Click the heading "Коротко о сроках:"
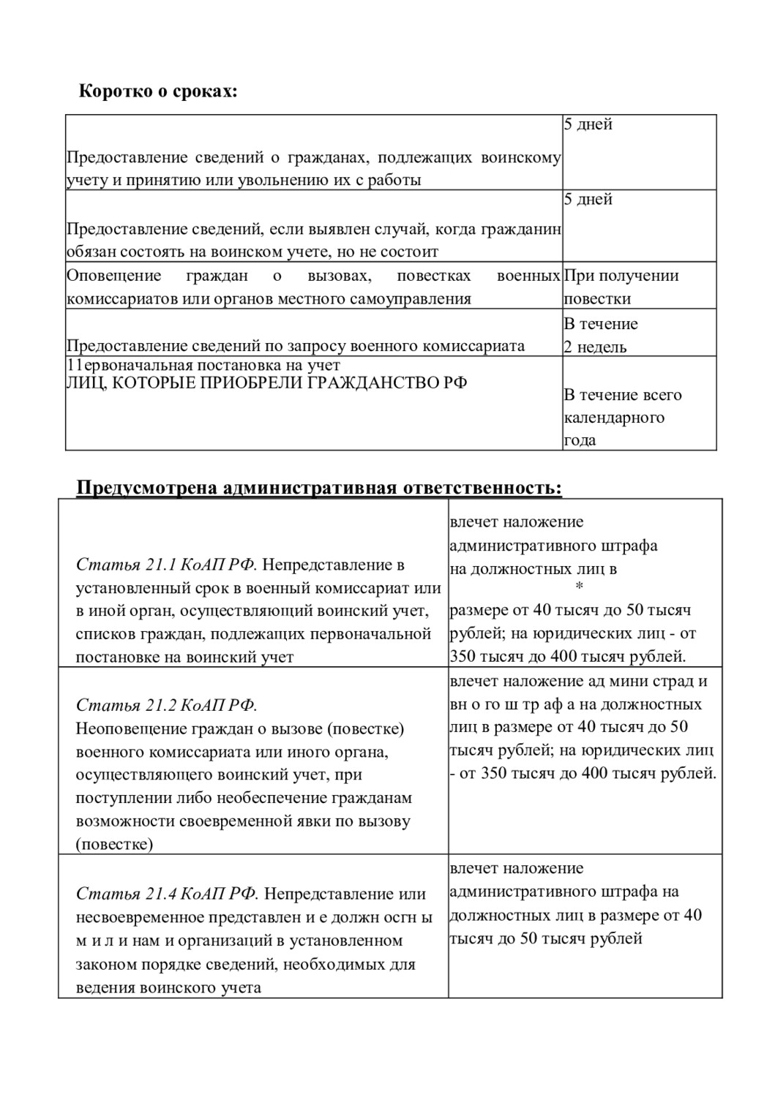pos(158,92)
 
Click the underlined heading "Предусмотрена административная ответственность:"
pos(319,488)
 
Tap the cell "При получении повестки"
pos(621,287)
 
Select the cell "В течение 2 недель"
pos(601,335)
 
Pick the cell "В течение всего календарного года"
pos(622,417)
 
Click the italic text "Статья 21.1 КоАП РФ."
pos(167,565)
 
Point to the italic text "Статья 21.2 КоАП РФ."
pos(167,705)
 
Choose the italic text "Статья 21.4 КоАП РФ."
pos(167,894)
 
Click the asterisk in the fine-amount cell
pos(580,587)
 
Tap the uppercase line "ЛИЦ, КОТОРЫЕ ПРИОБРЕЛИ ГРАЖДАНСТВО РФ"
pos(266,382)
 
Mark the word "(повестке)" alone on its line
pos(115,844)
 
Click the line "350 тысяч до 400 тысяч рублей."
pos(568,656)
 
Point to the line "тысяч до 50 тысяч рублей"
pos(546,938)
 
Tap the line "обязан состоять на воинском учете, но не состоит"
pos(252,252)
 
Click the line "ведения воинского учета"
pos(168,987)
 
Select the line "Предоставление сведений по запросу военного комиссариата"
pos(296,346)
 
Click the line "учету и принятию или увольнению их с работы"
pos(244,180)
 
